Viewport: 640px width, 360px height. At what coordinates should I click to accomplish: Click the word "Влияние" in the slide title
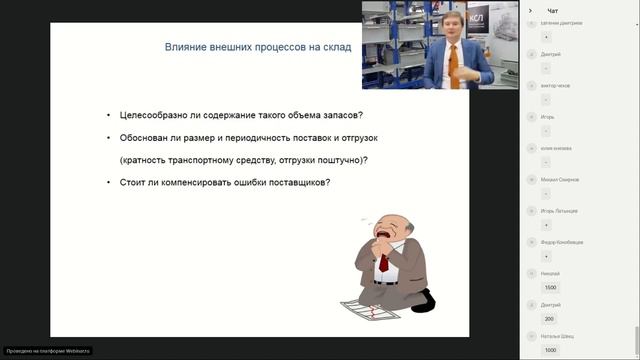coord(183,47)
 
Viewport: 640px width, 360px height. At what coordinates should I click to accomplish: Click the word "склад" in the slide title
coord(335,47)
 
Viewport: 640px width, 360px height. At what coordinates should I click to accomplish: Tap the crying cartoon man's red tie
coord(383,263)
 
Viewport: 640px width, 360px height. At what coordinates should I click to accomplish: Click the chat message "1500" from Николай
coord(549,287)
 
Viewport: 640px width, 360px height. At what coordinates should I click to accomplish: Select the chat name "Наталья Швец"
coord(558,336)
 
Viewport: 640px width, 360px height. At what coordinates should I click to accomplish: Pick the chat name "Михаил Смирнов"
coord(559,179)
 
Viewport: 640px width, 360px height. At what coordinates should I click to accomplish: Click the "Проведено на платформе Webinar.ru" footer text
coord(48,351)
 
